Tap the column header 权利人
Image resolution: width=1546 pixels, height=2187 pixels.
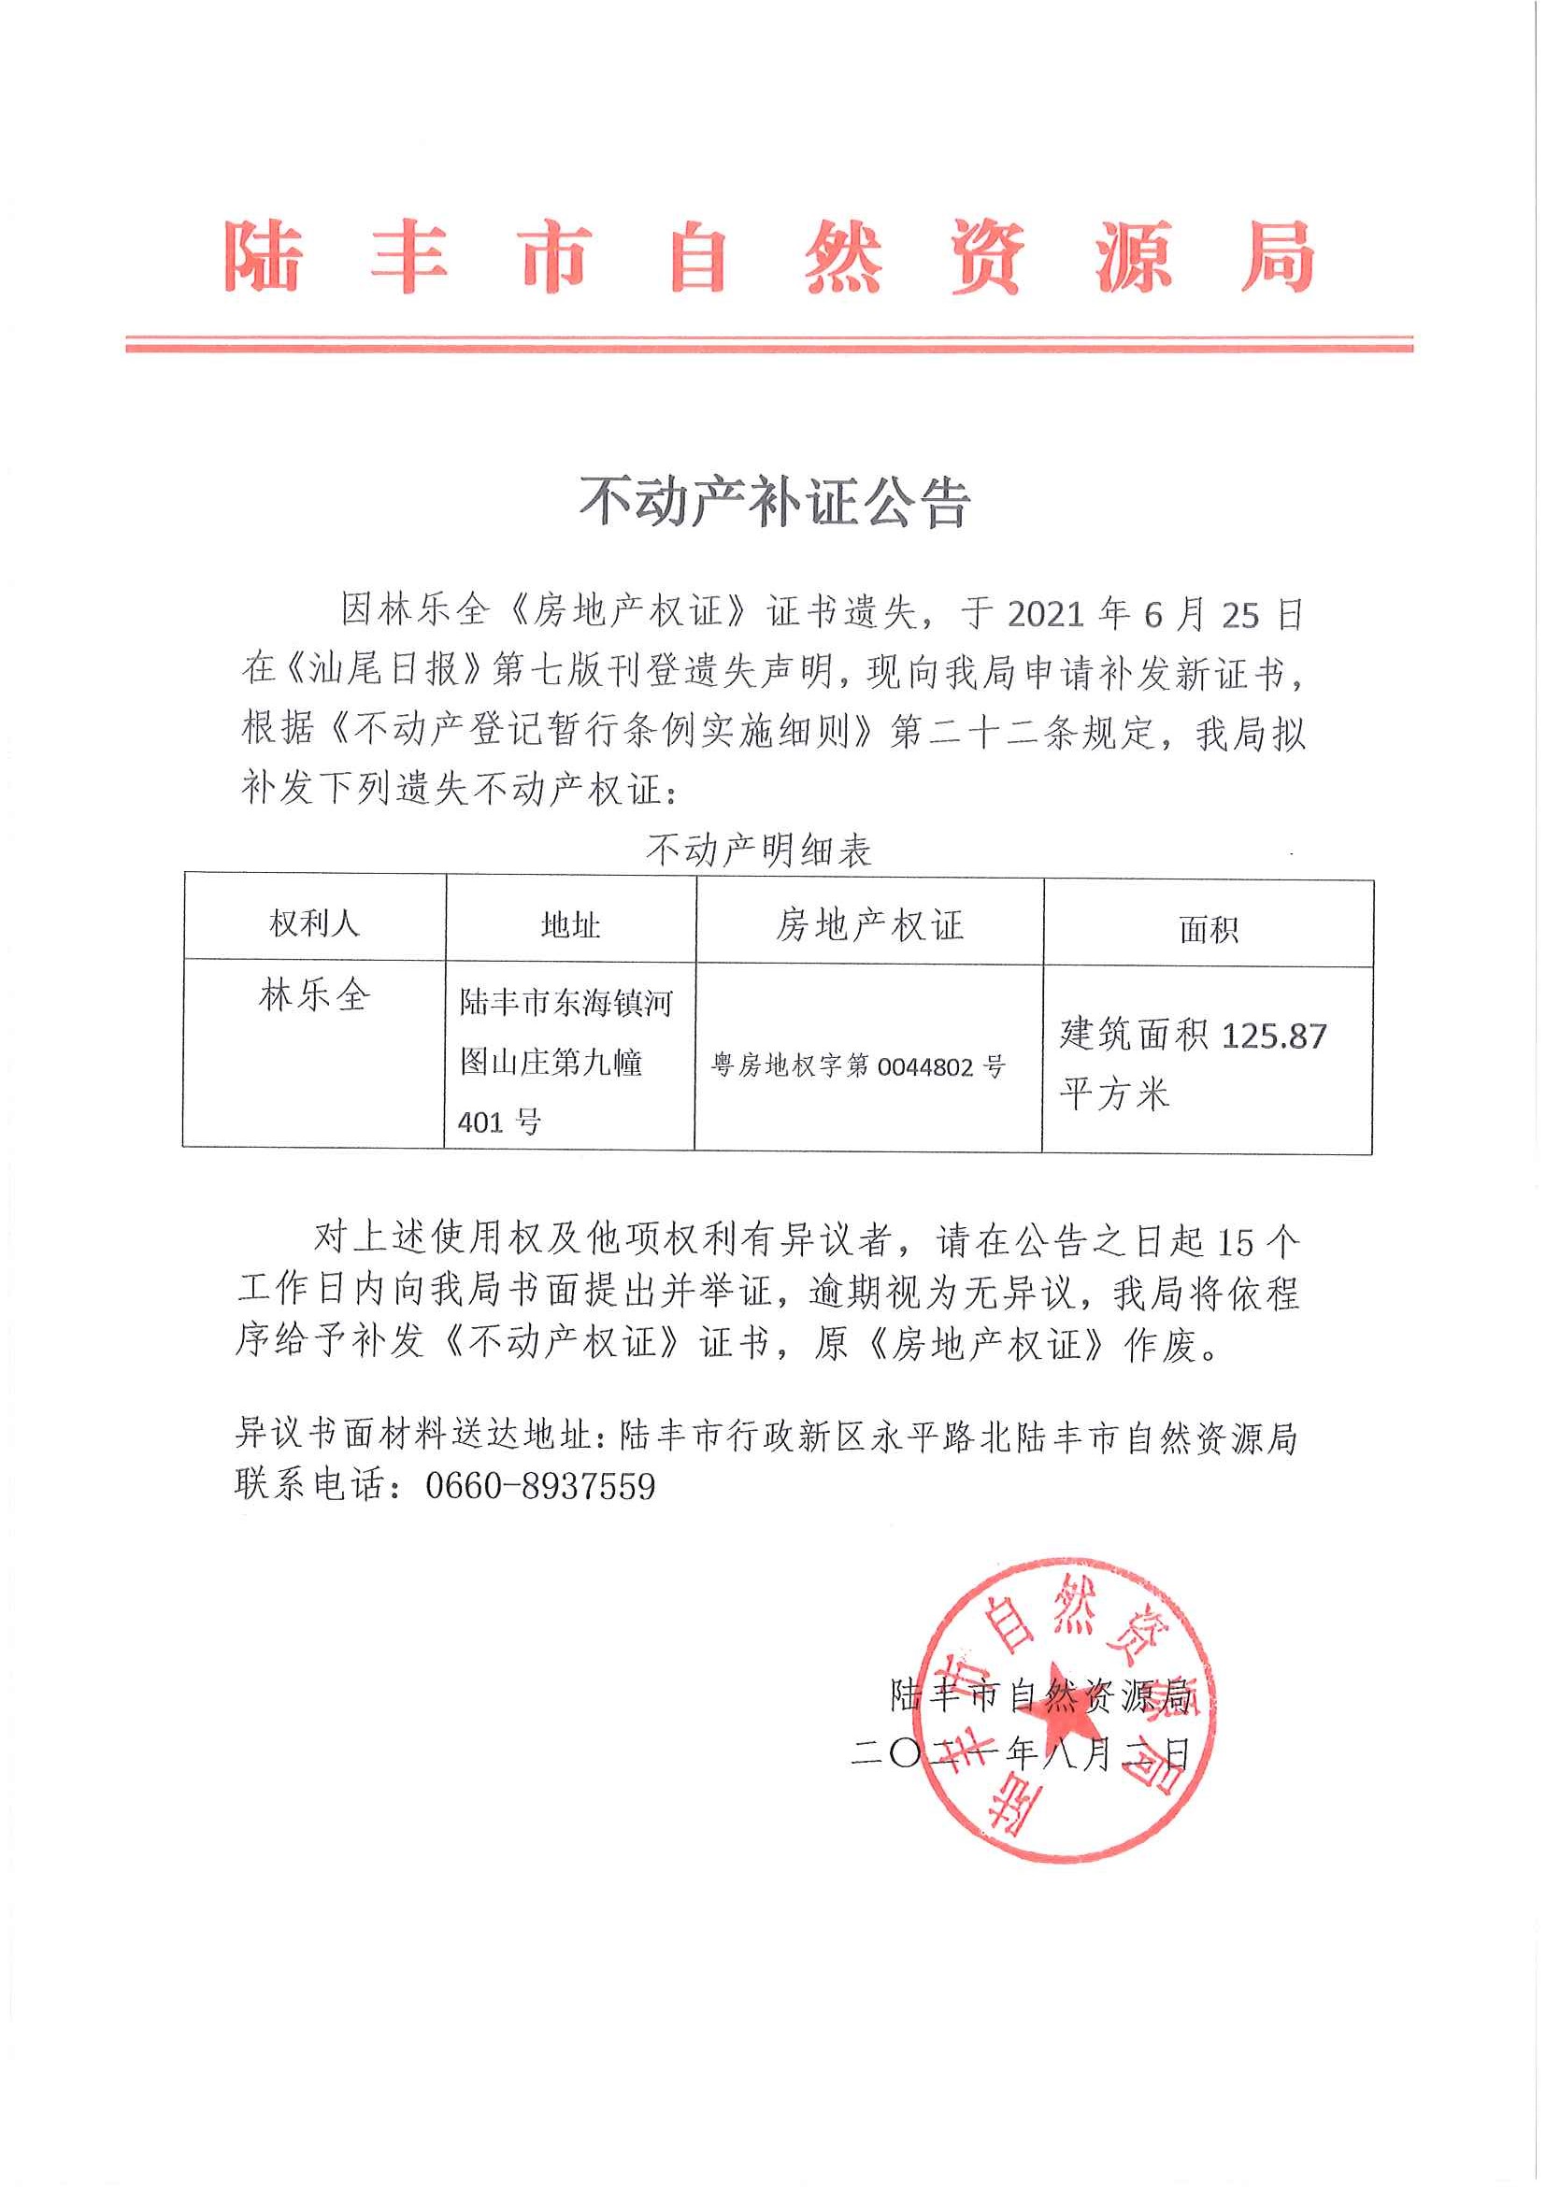(313, 923)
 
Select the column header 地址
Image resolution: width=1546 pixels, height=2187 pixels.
(569, 925)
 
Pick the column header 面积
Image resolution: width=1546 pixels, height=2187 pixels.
(1208, 929)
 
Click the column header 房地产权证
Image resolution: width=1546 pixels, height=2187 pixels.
(868, 925)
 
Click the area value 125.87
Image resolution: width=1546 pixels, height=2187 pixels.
(1274, 1036)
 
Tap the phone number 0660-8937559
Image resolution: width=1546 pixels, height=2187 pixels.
(540, 1486)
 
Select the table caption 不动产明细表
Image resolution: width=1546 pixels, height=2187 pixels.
(758, 850)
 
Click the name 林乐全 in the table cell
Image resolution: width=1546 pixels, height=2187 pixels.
(313, 996)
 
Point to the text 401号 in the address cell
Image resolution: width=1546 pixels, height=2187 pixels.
(499, 1122)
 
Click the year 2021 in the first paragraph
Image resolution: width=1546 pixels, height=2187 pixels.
(1045, 615)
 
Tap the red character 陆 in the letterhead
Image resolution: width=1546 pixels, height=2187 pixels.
(264, 256)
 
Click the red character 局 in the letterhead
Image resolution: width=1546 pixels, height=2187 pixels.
(1278, 256)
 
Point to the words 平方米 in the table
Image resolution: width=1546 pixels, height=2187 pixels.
(1113, 1093)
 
